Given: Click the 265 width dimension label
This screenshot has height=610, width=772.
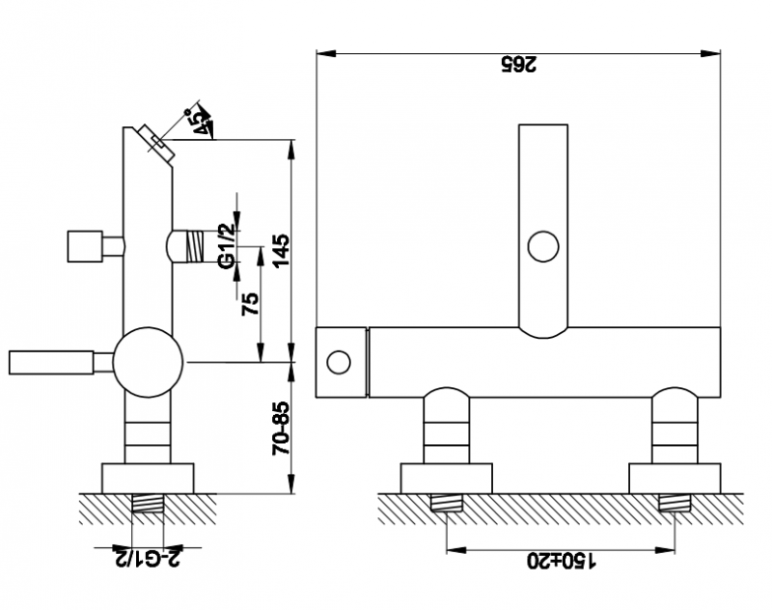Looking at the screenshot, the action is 519,65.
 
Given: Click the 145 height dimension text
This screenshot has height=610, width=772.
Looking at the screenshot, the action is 282,250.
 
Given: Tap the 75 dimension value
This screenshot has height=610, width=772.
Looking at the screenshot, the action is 250,304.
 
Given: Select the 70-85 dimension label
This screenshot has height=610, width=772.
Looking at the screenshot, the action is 281,429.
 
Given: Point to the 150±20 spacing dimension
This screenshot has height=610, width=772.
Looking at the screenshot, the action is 562,560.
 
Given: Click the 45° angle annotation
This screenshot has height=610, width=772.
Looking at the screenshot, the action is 201,122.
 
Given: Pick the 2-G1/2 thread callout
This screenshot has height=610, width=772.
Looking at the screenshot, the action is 148,557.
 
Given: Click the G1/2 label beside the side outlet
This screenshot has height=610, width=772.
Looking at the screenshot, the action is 226,246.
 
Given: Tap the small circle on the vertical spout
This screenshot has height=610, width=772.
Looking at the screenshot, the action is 543,246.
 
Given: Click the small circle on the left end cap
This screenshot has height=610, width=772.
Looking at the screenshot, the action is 339,362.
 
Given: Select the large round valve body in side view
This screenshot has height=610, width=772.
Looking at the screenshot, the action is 148,362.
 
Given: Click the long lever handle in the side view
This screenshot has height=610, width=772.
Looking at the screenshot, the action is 51,362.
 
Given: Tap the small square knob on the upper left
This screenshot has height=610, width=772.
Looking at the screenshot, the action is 85,246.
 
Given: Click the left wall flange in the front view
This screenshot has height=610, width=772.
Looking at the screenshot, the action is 446,478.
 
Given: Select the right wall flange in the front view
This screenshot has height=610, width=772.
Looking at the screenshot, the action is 675,478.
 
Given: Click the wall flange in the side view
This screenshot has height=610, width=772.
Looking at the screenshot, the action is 148,478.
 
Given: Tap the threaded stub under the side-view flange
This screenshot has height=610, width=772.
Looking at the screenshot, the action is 148,503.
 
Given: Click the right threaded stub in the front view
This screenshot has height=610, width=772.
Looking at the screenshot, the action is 675,503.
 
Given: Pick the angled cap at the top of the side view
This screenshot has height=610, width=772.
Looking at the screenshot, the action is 156,143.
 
